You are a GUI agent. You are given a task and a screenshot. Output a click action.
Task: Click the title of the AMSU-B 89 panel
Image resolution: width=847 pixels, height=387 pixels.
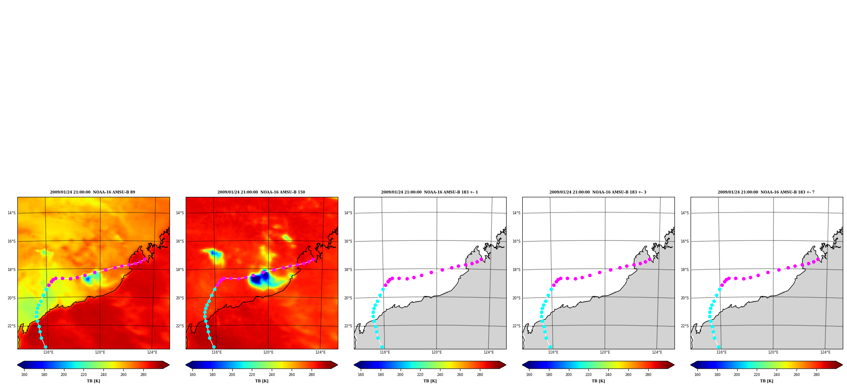[x=92, y=192]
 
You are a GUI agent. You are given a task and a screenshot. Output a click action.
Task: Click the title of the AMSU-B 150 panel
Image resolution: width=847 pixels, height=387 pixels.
[x=261, y=192]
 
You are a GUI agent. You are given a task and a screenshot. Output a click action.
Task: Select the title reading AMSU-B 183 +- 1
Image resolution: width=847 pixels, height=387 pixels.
[x=429, y=192]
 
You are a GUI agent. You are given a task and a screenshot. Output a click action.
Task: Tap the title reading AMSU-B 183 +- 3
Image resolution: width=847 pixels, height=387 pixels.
[x=598, y=192]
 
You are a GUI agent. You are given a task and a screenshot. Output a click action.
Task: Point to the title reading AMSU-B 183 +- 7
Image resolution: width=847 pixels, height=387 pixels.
[x=766, y=192]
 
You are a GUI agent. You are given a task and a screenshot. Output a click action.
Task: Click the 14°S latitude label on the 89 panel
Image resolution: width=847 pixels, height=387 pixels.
[x=11, y=213]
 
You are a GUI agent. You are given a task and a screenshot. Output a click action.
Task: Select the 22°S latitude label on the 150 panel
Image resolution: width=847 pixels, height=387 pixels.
[x=180, y=326]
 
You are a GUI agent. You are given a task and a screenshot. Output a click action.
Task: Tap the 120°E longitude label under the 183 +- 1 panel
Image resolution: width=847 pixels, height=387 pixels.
[x=437, y=352]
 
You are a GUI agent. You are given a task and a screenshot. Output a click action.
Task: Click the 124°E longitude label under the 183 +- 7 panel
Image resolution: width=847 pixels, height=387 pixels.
[x=825, y=352]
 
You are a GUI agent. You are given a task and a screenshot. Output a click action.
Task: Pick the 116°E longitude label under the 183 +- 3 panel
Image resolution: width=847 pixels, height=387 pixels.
[x=553, y=352]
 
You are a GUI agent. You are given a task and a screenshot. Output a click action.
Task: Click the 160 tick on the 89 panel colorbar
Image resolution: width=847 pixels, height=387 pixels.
[x=24, y=374]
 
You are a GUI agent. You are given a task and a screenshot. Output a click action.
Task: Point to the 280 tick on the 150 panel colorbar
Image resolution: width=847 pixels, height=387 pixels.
[x=312, y=374]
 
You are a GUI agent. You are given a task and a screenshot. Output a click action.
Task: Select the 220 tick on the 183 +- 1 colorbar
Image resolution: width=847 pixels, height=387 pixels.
[x=420, y=374]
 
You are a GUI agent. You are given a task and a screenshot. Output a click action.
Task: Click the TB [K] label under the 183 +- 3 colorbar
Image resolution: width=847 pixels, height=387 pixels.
[x=598, y=381]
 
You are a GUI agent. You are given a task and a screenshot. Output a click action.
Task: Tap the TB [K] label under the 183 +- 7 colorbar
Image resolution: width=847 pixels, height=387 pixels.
[x=766, y=381]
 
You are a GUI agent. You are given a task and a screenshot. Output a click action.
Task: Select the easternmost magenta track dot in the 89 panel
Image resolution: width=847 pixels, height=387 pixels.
[x=145, y=259]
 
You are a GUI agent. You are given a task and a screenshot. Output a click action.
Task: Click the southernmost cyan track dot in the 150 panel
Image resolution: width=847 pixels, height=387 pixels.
[x=214, y=347]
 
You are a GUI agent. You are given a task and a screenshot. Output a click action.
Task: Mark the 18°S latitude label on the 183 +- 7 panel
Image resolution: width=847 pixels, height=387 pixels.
[x=685, y=270]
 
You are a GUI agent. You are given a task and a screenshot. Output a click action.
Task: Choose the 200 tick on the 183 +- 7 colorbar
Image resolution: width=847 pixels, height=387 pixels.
[x=737, y=374]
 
